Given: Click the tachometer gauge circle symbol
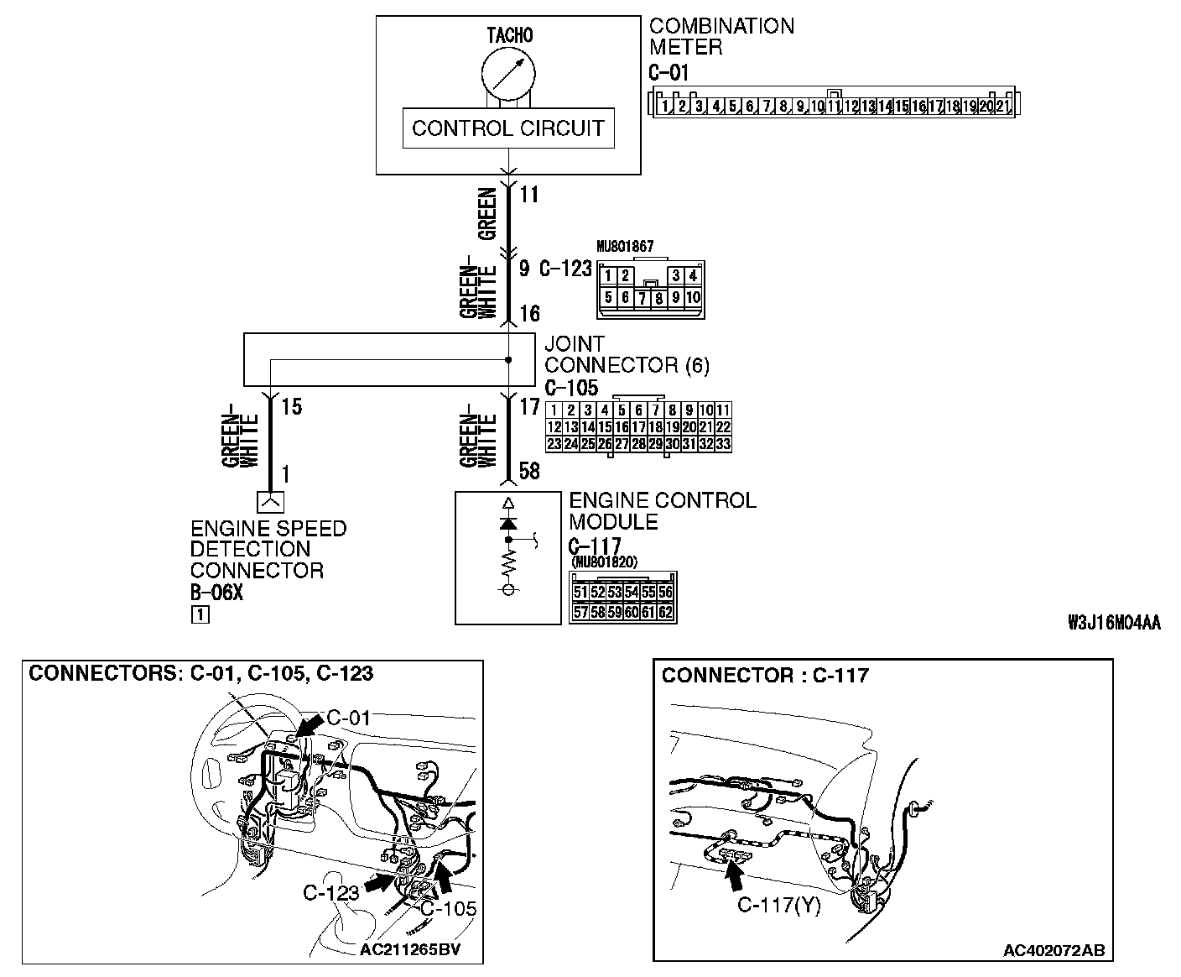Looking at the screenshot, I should [x=507, y=74].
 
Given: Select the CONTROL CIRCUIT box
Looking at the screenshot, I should [x=507, y=128].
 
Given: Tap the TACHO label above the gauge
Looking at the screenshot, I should [x=509, y=35].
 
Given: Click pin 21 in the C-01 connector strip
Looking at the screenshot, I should [x=1002, y=107].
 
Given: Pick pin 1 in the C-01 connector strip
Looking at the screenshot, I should [x=664, y=107].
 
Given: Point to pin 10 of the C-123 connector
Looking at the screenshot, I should [x=693, y=297].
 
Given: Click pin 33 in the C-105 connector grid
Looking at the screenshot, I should [x=723, y=443].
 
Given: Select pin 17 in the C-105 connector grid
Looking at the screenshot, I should [x=638, y=426].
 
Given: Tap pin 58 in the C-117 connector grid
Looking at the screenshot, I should [x=597, y=612].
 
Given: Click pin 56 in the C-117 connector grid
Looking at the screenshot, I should [x=665, y=592].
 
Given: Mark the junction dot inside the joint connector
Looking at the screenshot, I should [x=508, y=361].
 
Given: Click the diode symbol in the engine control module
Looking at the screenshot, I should [x=507, y=523].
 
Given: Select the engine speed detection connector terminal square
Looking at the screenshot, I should [x=270, y=501].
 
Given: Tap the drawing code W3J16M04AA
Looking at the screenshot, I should [x=1114, y=623].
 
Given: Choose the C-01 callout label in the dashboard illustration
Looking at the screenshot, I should [x=347, y=718].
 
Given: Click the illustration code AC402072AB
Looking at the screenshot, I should [x=1054, y=950].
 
